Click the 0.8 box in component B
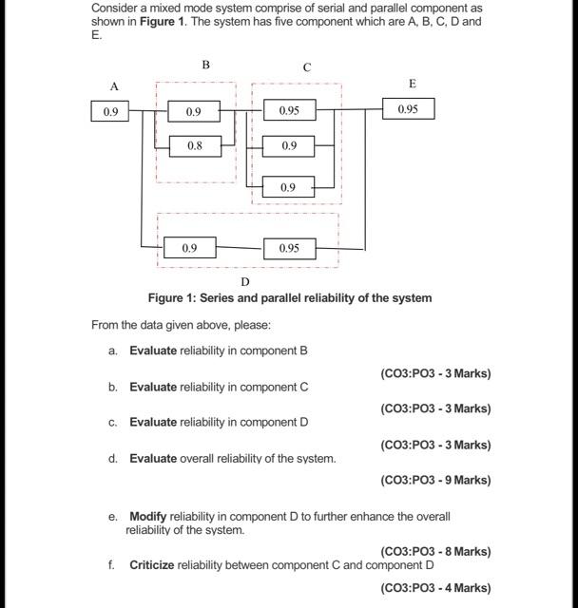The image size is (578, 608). (194, 146)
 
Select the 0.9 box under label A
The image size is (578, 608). (111, 111)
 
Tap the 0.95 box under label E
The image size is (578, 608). (408, 109)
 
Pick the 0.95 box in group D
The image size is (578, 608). (289, 248)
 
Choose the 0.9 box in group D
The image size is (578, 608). (189, 248)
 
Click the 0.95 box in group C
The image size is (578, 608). (289, 111)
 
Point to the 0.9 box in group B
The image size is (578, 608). (194, 111)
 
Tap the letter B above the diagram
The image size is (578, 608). (205, 65)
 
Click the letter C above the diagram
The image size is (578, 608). (306, 67)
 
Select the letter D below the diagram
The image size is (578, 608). (245, 282)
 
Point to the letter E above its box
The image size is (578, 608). (412, 84)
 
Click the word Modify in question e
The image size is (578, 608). (148, 517)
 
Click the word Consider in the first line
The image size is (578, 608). (114, 8)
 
